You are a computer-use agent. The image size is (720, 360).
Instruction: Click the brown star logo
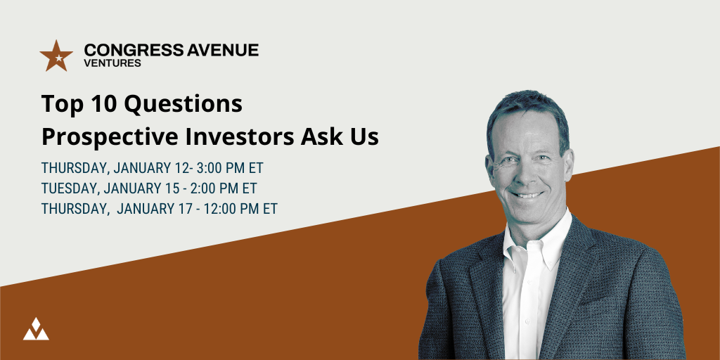tap(56, 56)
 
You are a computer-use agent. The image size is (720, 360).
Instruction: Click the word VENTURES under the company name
tap(112, 63)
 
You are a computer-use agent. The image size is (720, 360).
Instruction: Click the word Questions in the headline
tap(184, 105)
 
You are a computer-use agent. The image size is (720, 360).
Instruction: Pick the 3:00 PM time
tap(223, 168)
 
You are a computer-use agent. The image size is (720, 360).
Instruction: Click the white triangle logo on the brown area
tap(36, 329)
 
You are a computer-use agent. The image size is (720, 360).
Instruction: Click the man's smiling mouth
tap(526, 195)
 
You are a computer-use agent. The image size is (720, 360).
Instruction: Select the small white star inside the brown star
tap(58, 58)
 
